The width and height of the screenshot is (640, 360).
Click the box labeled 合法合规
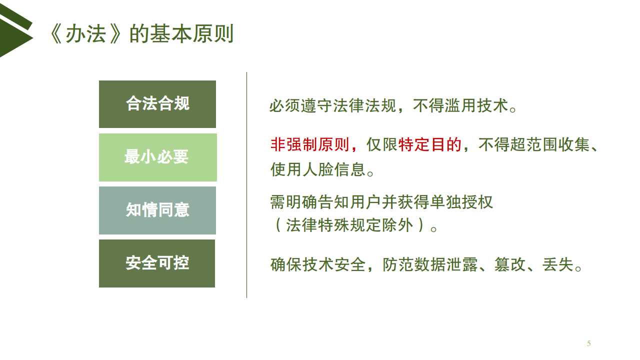click(x=157, y=104)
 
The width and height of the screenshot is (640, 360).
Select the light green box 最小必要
click(x=157, y=157)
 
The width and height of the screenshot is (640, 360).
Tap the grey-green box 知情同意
click(x=157, y=210)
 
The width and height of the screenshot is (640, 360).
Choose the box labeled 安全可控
click(x=157, y=263)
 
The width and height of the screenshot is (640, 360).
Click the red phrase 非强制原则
click(x=310, y=144)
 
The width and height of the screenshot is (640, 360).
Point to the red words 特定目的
click(x=429, y=144)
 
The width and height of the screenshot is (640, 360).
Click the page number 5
click(x=589, y=343)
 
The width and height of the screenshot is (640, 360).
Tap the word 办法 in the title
click(x=86, y=34)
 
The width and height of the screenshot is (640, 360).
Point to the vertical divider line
click(x=246, y=185)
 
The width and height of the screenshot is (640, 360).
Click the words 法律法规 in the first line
click(x=364, y=105)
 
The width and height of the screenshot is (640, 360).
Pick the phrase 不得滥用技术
click(x=460, y=105)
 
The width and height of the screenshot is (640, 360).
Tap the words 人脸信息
click(x=334, y=169)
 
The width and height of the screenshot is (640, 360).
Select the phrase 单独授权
click(x=461, y=202)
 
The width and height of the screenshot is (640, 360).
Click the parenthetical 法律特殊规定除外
click(x=349, y=225)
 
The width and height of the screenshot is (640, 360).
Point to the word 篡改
click(x=510, y=264)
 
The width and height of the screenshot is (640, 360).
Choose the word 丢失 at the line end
click(x=558, y=264)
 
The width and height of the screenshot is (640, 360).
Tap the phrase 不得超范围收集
click(x=533, y=144)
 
